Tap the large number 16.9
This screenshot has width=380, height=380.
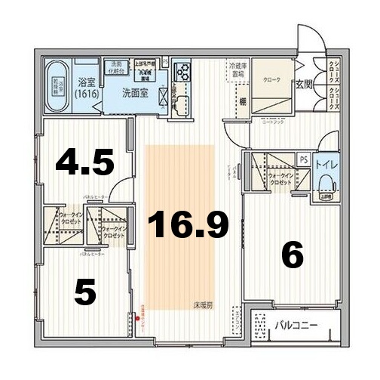(188, 224)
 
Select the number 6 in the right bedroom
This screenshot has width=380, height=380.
(292, 255)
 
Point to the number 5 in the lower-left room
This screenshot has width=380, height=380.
(86, 291)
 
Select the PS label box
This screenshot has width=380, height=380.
(303, 159)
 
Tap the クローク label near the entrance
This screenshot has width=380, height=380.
(271, 79)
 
